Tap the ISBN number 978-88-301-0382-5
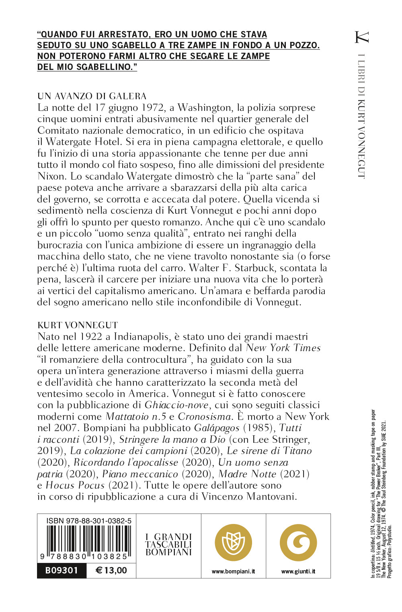[88, 521]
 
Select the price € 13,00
[111, 571]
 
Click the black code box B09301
[62, 571]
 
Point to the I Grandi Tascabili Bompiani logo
[168, 544]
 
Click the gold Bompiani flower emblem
[233, 543]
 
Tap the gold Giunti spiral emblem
[298, 543]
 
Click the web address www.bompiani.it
[233, 571]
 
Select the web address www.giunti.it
[298, 571]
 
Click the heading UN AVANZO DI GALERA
[92, 96]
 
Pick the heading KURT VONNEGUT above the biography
[78, 325]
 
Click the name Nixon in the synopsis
[51, 176]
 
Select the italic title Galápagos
[217, 428]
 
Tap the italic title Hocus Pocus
[75, 485]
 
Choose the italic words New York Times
[283, 348]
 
